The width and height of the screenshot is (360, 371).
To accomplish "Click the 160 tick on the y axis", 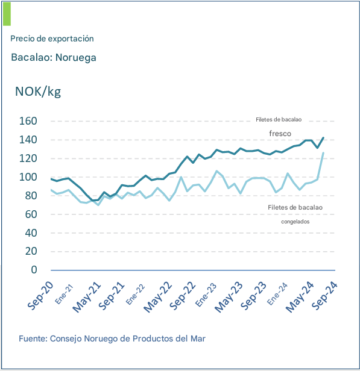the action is (28, 121).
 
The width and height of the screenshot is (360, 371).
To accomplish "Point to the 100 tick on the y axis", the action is (28, 177).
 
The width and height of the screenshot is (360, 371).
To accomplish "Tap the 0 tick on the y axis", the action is (34, 270).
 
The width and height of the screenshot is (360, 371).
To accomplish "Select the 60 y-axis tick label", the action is (31, 214).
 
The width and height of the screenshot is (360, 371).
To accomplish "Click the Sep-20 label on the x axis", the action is (40, 295).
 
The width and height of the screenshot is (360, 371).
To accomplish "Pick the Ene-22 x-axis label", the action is (135, 294).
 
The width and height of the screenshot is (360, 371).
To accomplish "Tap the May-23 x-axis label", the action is (229, 297).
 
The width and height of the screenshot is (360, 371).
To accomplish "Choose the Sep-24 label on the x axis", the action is (324, 295).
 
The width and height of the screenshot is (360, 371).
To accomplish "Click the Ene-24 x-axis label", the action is (277, 294).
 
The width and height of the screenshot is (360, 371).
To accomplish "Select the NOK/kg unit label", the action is (38, 92).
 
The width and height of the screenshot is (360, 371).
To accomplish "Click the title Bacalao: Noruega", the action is (54, 57).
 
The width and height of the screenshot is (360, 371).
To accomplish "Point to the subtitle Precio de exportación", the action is (52, 39).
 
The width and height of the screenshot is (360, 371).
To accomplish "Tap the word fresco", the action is (280, 134).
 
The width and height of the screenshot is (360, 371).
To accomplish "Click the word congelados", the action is (295, 222).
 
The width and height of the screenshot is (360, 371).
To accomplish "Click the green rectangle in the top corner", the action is (7, 14).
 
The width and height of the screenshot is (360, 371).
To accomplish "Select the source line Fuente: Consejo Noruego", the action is (112, 338).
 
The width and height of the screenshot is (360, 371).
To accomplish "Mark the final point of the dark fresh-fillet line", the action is (323, 138).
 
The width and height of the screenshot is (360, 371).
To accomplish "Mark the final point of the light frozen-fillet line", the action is (323, 153).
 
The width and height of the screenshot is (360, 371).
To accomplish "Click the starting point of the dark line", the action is (51, 179).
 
